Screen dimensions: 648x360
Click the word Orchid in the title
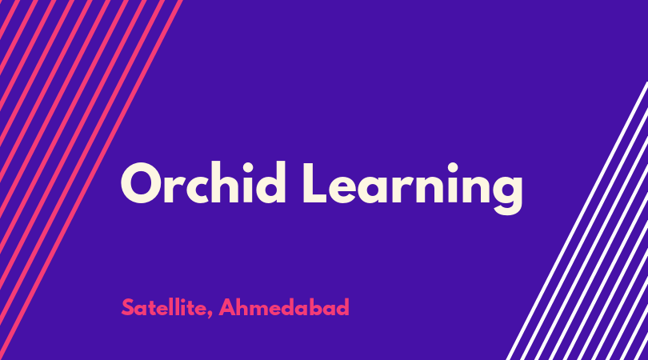[x=203, y=182]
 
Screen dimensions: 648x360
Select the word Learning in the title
[x=413, y=188]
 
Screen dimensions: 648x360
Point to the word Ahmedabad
[x=284, y=307]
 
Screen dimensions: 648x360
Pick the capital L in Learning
[x=316, y=182]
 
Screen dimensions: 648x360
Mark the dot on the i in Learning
[x=453, y=167]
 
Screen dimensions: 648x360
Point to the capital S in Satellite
[x=128, y=307]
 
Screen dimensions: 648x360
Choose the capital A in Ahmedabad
[x=227, y=307]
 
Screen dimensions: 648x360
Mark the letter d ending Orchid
[x=270, y=182]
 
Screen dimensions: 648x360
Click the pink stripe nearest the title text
[x=91, y=180]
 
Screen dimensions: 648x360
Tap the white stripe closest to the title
[x=578, y=221]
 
